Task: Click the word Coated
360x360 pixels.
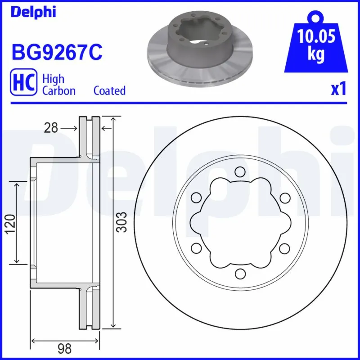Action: [x=109, y=90]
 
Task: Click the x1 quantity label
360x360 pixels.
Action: [x=338, y=89]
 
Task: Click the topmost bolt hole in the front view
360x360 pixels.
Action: [x=240, y=171]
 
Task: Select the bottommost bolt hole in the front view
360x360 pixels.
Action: [x=240, y=273]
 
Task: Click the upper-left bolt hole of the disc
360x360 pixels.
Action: [x=196, y=197]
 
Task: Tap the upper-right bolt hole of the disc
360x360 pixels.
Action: [x=284, y=197]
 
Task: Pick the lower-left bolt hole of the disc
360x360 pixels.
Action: [x=196, y=248]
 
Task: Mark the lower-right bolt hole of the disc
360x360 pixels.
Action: [x=284, y=248]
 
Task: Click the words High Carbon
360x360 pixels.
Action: [x=58, y=84]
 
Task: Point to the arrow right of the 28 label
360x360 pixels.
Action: [x=69, y=128]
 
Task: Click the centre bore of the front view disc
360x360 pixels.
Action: [x=240, y=222]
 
